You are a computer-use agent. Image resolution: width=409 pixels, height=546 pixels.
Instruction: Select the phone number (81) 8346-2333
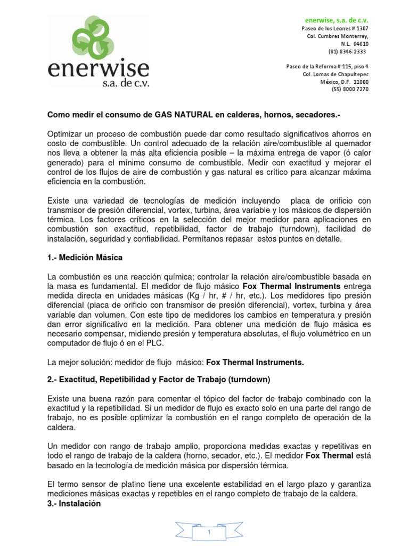(x=347, y=52)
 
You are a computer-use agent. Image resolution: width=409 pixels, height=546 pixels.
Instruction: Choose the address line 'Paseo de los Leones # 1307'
(x=334, y=28)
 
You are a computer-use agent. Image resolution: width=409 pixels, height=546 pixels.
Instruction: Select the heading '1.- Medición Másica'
(x=85, y=258)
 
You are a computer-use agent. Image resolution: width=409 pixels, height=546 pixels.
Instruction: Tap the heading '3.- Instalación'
(x=74, y=503)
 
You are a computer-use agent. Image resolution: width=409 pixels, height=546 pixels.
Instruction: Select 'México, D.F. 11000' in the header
(x=344, y=82)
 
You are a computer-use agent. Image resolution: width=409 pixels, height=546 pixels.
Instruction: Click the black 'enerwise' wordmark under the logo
(x=99, y=69)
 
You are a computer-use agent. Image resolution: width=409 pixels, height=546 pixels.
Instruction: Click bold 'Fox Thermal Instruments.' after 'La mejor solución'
(x=255, y=362)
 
